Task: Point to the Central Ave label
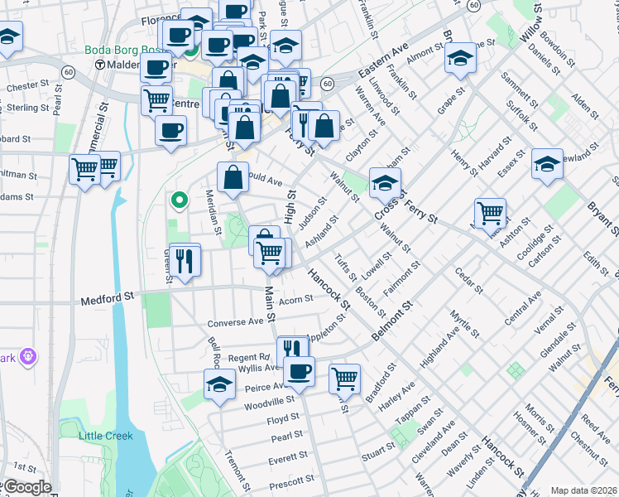[522, 306]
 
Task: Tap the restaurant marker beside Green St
[184, 260]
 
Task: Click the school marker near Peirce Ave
[220, 384]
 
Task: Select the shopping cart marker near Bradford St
[344, 379]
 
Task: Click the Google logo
[26, 487]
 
